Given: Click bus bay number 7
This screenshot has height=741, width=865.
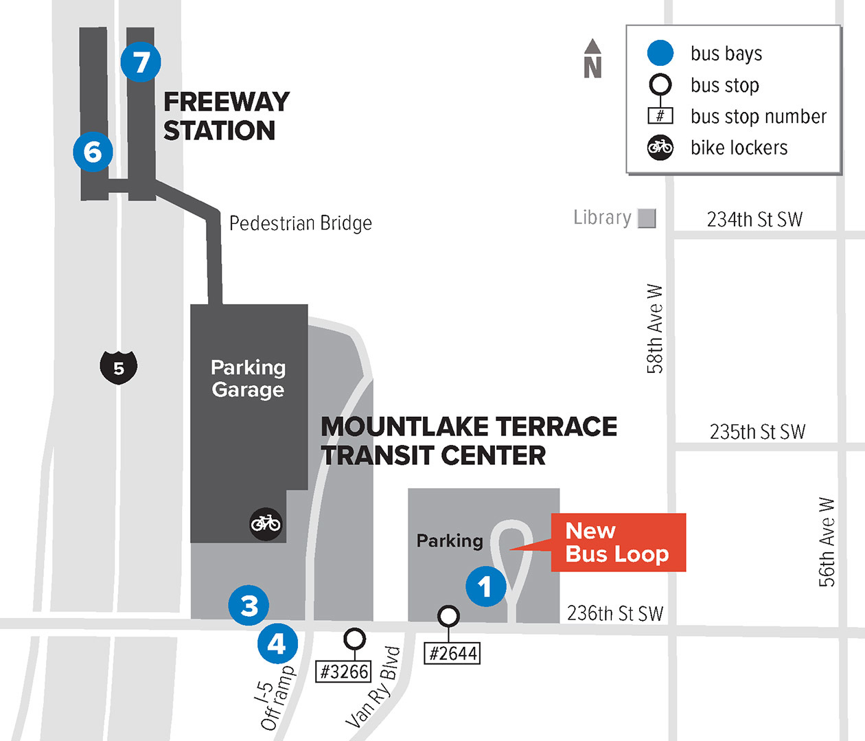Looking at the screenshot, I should (x=141, y=62).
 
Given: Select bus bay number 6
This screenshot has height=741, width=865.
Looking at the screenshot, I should (x=93, y=151).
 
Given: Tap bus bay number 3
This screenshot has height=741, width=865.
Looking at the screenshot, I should (x=249, y=606).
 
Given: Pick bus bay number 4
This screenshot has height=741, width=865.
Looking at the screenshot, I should (x=277, y=644).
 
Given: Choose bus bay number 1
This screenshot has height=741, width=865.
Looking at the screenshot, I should (x=485, y=587).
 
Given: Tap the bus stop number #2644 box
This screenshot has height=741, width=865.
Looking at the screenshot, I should (x=452, y=653).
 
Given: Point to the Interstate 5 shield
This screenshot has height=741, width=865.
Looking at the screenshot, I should (x=119, y=367).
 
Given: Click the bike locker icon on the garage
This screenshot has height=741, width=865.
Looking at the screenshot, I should (x=266, y=524).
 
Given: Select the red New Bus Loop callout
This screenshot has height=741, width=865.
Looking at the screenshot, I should (x=618, y=543).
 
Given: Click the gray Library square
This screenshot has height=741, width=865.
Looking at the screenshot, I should (x=647, y=218).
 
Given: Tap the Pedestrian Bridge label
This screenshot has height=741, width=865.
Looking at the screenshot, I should (x=301, y=223).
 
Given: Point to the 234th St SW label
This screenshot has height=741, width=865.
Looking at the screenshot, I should (x=754, y=220).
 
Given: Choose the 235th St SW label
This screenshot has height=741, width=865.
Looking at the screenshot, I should (x=757, y=432).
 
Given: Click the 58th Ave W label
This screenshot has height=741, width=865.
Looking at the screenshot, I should (x=656, y=329).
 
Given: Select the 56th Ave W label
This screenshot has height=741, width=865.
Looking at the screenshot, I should (x=827, y=542).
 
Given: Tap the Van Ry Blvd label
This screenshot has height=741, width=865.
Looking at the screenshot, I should (x=373, y=687).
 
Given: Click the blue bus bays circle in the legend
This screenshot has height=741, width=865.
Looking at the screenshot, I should (x=660, y=53).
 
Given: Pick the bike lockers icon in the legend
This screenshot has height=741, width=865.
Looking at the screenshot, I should (x=660, y=147).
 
